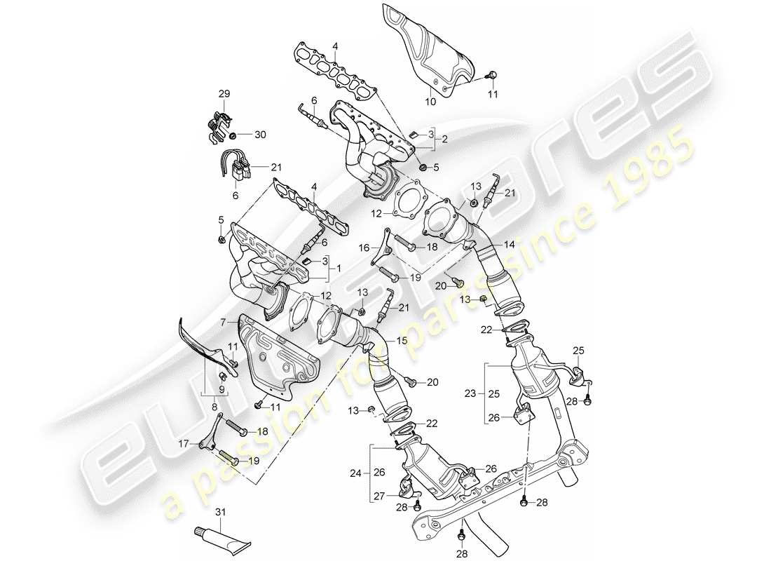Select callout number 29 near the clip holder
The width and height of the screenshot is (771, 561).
click(224, 94)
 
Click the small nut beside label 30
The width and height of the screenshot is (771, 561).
click(231, 133)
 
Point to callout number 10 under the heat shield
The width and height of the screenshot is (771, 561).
click(430, 102)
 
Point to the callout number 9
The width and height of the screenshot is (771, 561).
click(221, 390)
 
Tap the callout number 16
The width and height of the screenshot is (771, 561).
click(364, 248)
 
